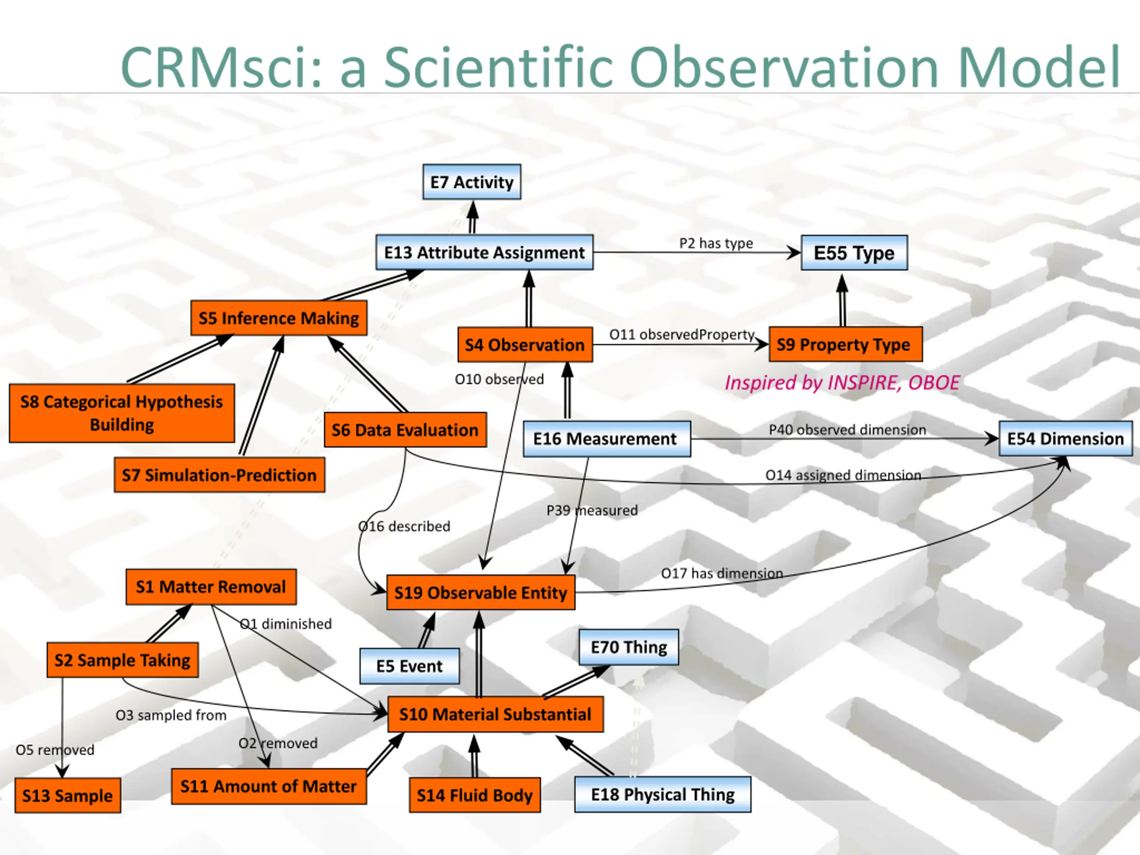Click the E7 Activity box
[472, 182]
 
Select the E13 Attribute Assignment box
[484, 252]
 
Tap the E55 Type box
[854, 253]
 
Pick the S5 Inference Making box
[279, 318]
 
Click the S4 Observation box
[525, 344]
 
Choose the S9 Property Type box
[845, 344]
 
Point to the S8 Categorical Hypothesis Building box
[122, 413]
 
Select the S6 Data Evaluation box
[405, 430]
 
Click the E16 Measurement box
[607, 439]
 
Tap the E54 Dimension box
[1065, 439]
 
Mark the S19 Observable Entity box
[480, 593]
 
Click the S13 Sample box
[68, 795]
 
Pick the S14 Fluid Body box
[475, 795]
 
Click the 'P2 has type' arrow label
[716, 243]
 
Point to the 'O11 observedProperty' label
[681, 334]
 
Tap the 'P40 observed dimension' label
[847, 430]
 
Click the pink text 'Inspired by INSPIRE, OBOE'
[842, 383]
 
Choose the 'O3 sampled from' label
[171, 715]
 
